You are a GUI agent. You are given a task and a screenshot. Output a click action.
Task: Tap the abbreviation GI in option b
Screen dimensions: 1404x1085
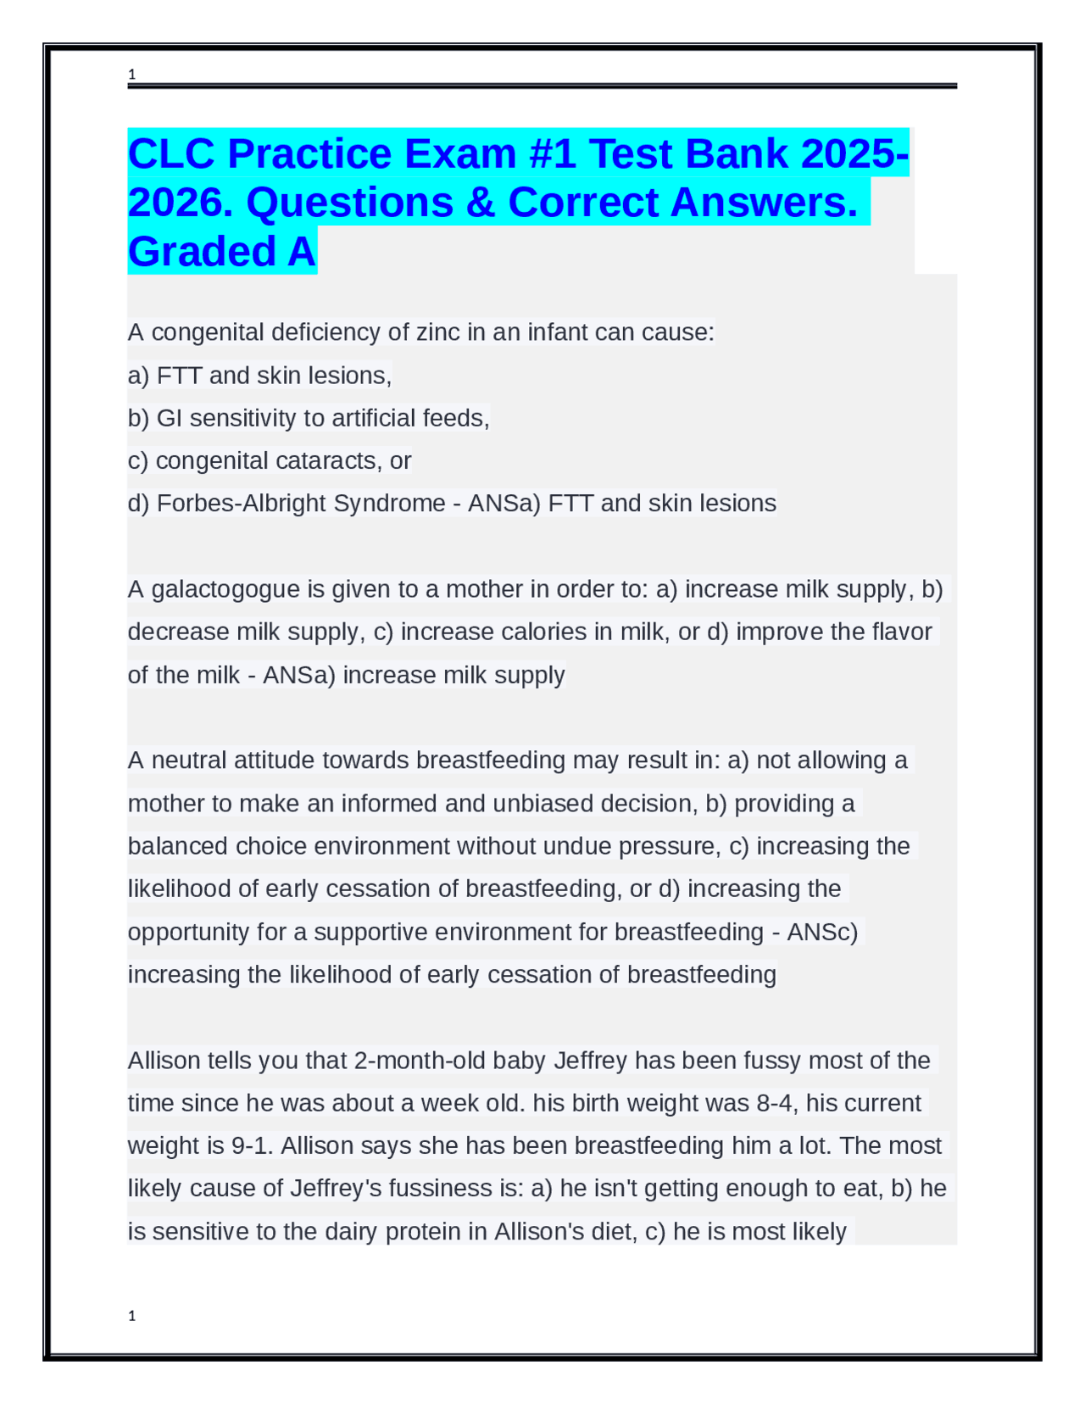(170, 418)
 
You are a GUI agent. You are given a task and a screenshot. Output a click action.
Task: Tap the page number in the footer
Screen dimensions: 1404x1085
(131, 1316)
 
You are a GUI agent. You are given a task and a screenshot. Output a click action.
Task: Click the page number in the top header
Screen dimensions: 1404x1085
(131, 75)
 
